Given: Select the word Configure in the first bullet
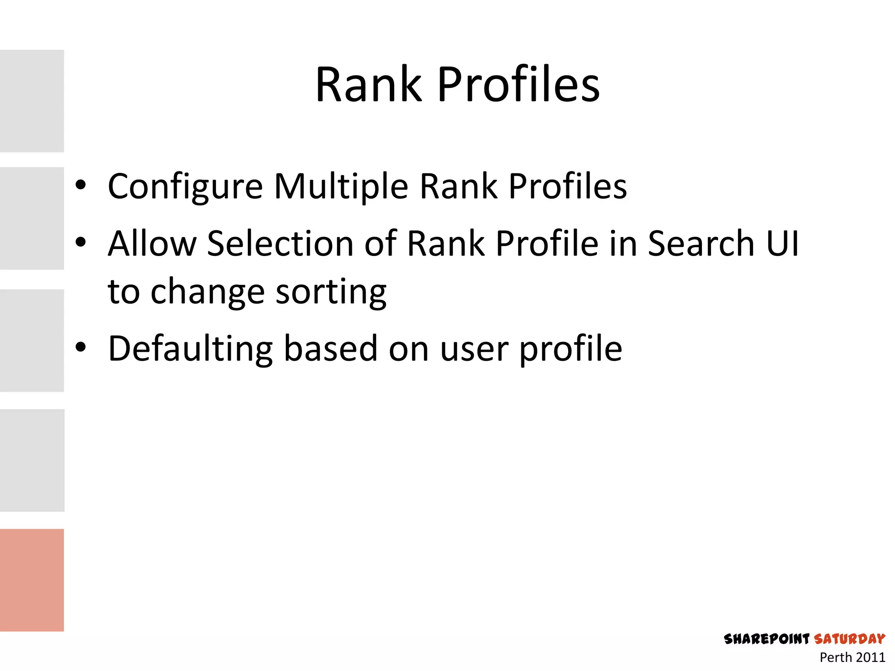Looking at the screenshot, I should click(x=185, y=187).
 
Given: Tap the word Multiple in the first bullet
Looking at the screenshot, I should click(x=341, y=186).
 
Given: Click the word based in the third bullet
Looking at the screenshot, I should click(x=331, y=349).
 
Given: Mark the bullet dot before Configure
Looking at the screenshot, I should click(x=80, y=185).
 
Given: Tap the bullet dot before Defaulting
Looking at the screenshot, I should click(x=80, y=347).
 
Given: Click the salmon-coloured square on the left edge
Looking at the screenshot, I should click(x=32, y=580).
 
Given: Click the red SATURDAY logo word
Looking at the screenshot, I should click(x=850, y=639).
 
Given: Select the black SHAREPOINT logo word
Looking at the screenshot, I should click(x=767, y=639).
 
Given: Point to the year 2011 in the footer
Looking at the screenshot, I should click(x=870, y=657).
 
